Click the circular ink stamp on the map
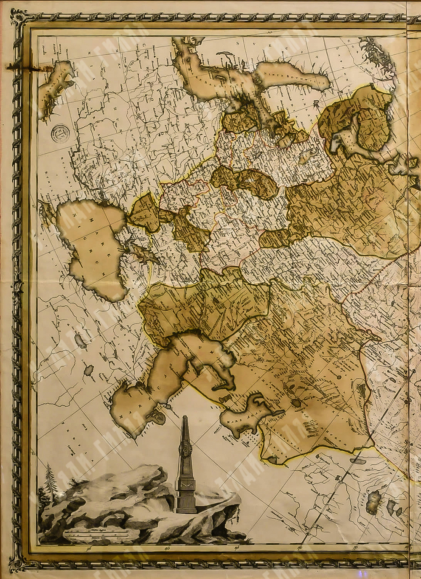pyautogui.click(x=60, y=134)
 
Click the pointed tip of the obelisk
pyautogui.click(x=185, y=417)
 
